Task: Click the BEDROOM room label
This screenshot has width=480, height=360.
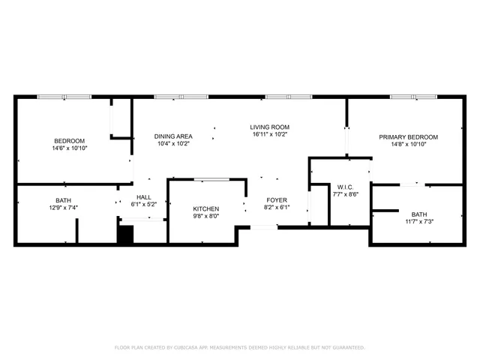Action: point(69,141)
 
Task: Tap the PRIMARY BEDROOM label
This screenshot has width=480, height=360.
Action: point(408,137)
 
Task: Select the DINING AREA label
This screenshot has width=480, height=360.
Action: point(173,136)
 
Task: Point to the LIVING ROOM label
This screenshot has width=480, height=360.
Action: point(270,127)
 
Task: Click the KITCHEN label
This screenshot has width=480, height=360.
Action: point(205,208)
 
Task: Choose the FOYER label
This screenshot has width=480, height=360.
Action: point(277,200)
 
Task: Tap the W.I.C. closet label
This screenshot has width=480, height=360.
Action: point(346,187)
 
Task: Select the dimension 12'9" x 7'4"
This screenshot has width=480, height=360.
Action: point(63,208)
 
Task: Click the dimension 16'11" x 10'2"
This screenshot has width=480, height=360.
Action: point(270,135)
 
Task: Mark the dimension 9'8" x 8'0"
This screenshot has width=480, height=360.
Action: point(205,216)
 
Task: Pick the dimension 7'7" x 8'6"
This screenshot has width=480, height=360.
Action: point(346,194)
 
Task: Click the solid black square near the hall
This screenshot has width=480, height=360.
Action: point(124,235)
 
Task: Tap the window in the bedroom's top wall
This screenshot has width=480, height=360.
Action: point(64,97)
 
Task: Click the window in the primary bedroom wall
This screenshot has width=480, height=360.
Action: point(412,97)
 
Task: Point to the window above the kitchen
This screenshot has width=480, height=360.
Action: point(211,179)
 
